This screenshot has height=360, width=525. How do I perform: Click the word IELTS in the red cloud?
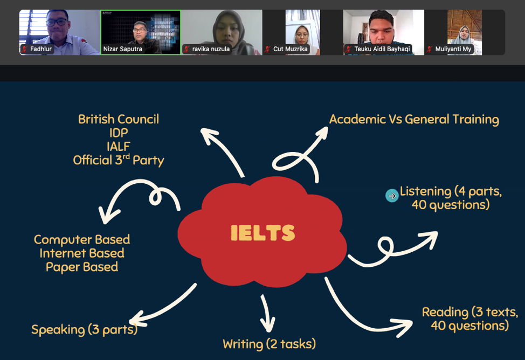(x=262, y=233)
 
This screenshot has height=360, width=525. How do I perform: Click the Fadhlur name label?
(x=41, y=49)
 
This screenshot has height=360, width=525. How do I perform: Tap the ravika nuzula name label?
(x=211, y=49)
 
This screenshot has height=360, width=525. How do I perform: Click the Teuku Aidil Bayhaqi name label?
(x=382, y=49)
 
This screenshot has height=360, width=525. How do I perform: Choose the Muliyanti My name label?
(x=453, y=49)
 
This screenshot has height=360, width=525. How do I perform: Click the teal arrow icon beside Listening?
(x=392, y=196)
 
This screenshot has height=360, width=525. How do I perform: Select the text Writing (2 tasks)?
(x=269, y=344)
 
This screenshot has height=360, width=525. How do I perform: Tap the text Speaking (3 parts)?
(x=84, y=329)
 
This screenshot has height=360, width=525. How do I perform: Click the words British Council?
(x=119, y=119)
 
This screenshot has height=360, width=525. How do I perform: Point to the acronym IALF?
(x=119, y=146)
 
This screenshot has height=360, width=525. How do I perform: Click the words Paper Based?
(x=82, y=267)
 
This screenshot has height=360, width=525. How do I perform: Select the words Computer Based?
(x=82, y=239)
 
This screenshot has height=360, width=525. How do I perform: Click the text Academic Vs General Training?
(x=414, y=119)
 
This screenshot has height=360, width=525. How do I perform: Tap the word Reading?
(x=445, y=312)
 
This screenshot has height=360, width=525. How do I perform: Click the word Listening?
(x=425, y=191)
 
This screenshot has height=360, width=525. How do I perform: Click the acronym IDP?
(x=119, y=133)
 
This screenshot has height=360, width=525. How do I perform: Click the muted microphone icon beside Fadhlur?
(x=24, y=49)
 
